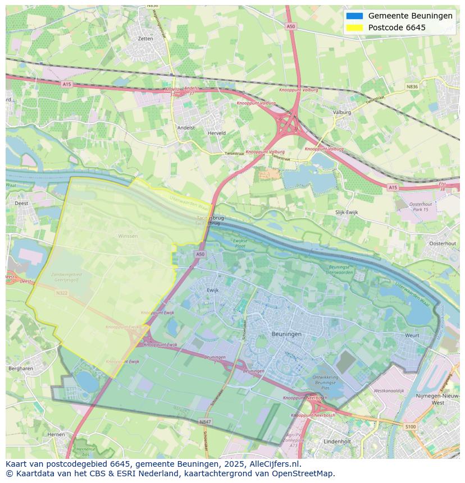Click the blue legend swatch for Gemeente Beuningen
[x=354, y=16]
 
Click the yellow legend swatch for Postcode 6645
[x=354, y=27]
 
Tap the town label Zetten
[x=145, y=39]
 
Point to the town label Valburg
[x=341, y=112]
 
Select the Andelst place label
[x=186, y=128]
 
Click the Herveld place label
[x=217, y=133]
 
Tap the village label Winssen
[x=127, y=236]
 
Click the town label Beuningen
[x=286, y=334]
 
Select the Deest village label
[x=21, y=203]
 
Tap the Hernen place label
[x=56, y=434]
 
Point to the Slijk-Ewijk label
[x=347, y=213]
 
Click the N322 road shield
[x=61, y=292]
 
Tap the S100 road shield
[x=411, y=427]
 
